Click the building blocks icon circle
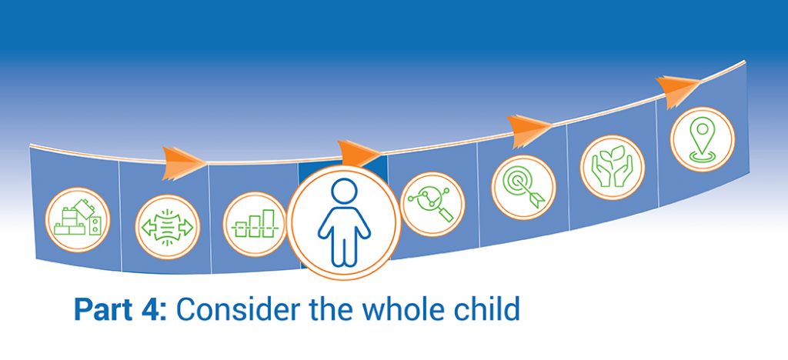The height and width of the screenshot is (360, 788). [x=78, y=219]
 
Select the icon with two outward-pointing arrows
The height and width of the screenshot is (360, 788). [x=167, y=227]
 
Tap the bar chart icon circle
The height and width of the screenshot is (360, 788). [x=255, y=224]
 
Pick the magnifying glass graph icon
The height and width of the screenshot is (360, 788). [x=432, y=204]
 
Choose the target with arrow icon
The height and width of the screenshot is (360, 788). [x=523, y=187]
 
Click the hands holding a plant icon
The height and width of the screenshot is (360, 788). [x=612, y=167]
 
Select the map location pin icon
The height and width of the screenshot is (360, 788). [x=702, y=139]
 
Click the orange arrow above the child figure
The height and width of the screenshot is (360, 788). [x=359, y=153]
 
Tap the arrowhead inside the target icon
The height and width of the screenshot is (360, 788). [x=536, y=200]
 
